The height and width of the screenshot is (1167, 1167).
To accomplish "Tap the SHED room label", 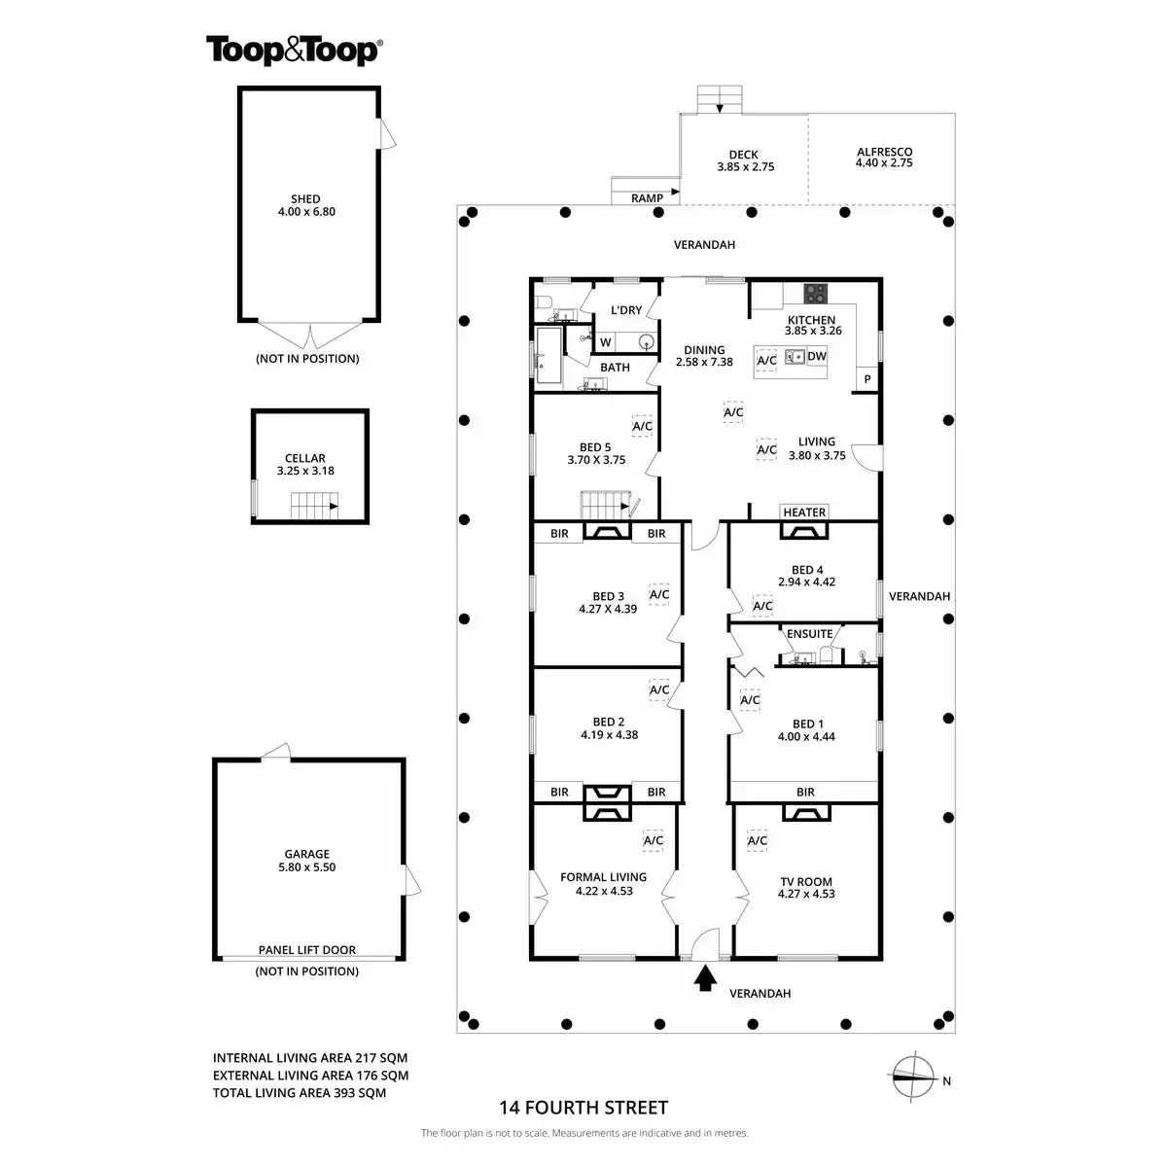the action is (x=305, y=199).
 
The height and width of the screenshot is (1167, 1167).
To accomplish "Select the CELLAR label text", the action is (x=305, y=458).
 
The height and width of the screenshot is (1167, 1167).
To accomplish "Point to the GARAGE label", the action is (x=306, y=855).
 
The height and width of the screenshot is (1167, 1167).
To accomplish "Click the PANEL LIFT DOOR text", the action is (x=306, y=950).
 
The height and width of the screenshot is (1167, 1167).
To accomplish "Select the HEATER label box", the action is (x=804, y=513).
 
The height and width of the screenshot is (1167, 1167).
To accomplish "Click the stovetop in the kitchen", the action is (x=815, y=293).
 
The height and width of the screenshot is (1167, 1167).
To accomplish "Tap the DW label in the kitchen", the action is (x=817, y=357).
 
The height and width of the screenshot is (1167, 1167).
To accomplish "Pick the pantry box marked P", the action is (x=866, y=379).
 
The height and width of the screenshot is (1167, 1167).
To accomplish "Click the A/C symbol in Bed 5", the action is (x=642, y=426).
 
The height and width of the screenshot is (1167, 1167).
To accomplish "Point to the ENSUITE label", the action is (x=809, y=634).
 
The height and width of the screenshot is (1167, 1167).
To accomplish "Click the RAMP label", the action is (x=647, y=198).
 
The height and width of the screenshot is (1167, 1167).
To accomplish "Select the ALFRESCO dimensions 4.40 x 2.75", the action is (x=884, y=163).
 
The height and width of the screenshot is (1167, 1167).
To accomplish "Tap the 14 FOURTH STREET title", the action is (x=583, y=1107).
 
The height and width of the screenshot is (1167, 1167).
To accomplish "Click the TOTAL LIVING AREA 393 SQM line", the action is (x=300, y=1093).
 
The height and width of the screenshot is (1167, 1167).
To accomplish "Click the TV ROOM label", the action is (x=806, y=882).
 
